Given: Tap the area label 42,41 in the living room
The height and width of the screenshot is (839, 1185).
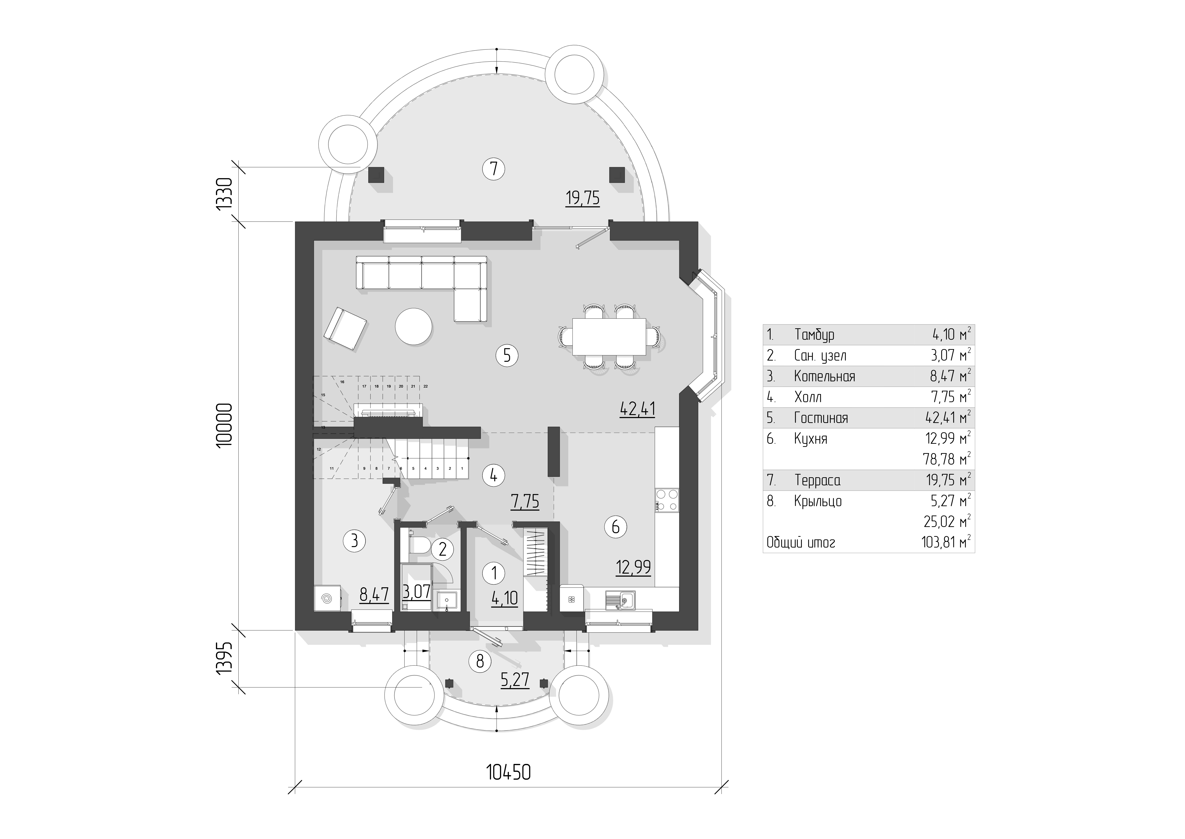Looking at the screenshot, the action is pos(637,409).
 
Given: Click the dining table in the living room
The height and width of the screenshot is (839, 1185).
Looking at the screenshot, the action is pos(609,336).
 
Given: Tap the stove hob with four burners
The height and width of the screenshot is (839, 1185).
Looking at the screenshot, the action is pos(667,500).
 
